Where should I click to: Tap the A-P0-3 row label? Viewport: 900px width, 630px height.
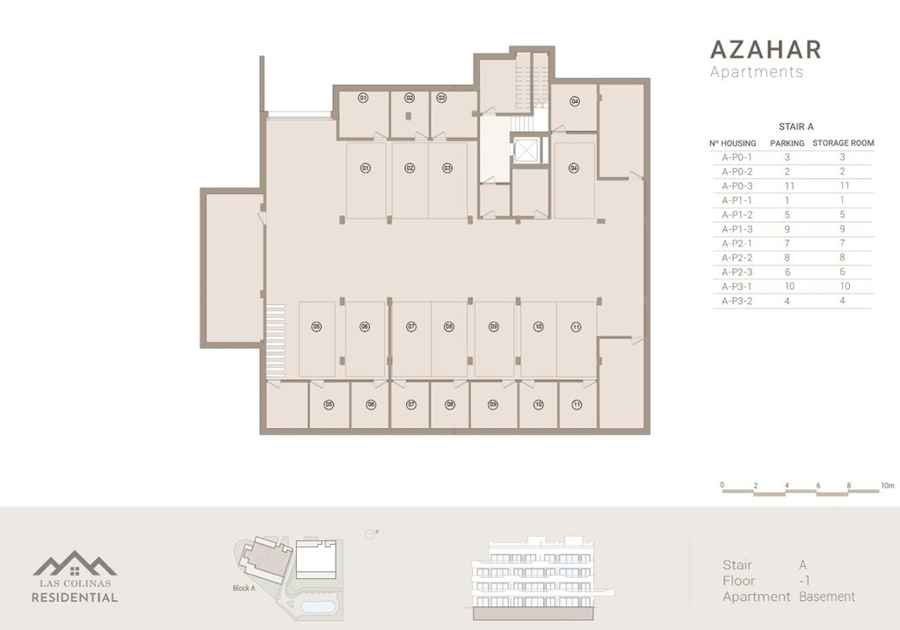point(738,186)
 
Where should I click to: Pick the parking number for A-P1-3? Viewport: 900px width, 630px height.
point(787,229)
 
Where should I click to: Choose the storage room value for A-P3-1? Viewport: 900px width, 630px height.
point(842,286)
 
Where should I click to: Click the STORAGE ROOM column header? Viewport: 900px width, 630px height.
point(843,143)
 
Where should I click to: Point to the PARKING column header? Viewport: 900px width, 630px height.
point(787,143)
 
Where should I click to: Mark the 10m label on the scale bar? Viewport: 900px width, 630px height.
point(887,485)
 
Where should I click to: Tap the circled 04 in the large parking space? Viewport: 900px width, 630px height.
point(573,167)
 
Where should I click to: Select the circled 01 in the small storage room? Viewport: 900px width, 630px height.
point(362,98)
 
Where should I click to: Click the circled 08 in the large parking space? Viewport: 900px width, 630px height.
point(449,327)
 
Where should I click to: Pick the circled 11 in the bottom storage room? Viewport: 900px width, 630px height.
point(577,405)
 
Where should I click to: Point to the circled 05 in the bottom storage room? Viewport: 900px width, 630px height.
point(329,405)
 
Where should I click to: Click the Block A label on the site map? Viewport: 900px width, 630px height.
point(243,589)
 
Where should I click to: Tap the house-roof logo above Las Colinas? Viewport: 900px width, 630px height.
point(75,565)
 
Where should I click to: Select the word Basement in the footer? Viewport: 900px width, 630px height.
point(827,597)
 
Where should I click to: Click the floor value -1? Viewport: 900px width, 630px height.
point(804,581)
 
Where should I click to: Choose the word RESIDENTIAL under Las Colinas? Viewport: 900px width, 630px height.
point(75,597)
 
